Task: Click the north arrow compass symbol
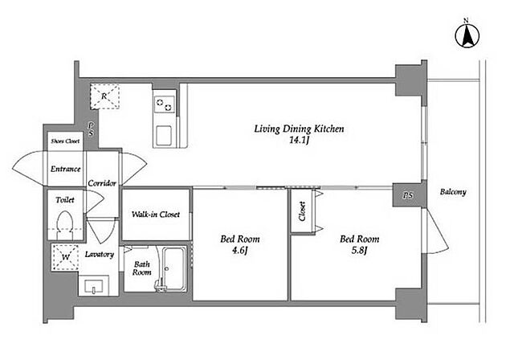(x=467, y=35)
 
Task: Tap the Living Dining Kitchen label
(x=299, y=129)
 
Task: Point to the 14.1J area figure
(x=299, y=141)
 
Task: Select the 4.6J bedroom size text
(x=239, y=251)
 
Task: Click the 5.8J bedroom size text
(x=359, y=251)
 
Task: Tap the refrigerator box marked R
(x=104, y=96)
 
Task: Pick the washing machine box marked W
(x=66, y=257)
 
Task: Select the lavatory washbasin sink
(x=94, y=286)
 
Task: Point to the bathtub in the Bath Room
(x=174, y=268)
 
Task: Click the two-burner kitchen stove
(x=165, y=104)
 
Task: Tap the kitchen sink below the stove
(x=164, y=136)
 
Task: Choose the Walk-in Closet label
(x=156, y=215)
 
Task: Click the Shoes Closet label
(x=65, y=141)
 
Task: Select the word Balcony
(x=453, y=192)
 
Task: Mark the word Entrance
(x=66, y=170)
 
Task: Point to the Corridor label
(x=102, y=183)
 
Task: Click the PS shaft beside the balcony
(x=408, y=195)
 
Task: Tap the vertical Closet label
(x=302, y=211)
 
